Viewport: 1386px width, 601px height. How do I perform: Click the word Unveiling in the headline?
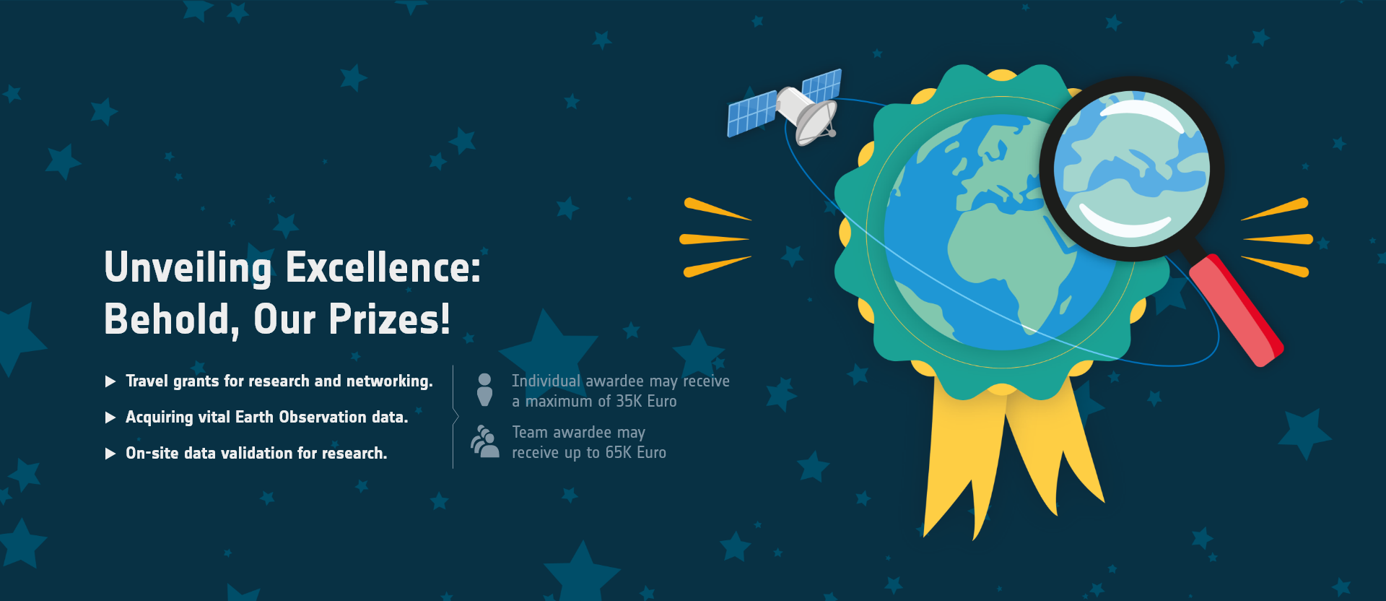(x=188, y=269)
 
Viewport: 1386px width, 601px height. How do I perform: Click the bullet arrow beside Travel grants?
(x=110, y=381)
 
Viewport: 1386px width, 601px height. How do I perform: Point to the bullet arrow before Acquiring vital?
(x=110, y=418)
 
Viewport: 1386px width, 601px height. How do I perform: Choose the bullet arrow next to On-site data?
(x=110, y=454)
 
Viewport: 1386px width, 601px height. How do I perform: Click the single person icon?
(x=484, y=390)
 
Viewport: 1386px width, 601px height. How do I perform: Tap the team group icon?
(x=484, y=441)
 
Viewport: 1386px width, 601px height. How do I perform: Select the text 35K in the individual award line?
(x=629, y=402)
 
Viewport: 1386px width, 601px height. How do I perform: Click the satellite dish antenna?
(x=816, y=123)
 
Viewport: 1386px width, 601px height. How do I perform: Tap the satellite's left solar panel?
(x=752, y=113)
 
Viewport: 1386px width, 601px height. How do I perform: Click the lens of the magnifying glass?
(x=1131, y=168)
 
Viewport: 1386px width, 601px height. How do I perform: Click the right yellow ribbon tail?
(x=1055, y=448)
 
